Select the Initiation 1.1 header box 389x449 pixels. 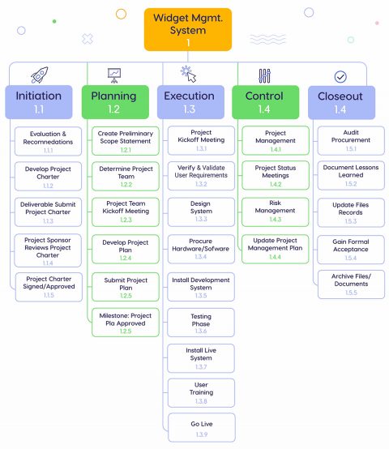coord(39,102)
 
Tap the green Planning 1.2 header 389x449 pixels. coord(114,102)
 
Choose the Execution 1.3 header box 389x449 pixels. coord(189,102)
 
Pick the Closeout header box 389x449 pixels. coord(340,102)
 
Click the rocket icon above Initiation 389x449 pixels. coord(39,75)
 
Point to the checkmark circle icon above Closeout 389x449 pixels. coord(340,76)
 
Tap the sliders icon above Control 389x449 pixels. coord(264,75)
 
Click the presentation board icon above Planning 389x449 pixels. coord(114,75)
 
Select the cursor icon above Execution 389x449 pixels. coord(188,75)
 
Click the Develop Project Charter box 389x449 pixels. coord(49,176)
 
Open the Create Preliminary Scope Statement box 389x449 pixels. coord(126,141)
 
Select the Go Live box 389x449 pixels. coord(201,426)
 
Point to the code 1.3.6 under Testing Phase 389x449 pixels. coord(201,331)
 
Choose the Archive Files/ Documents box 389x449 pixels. coord(351,283)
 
